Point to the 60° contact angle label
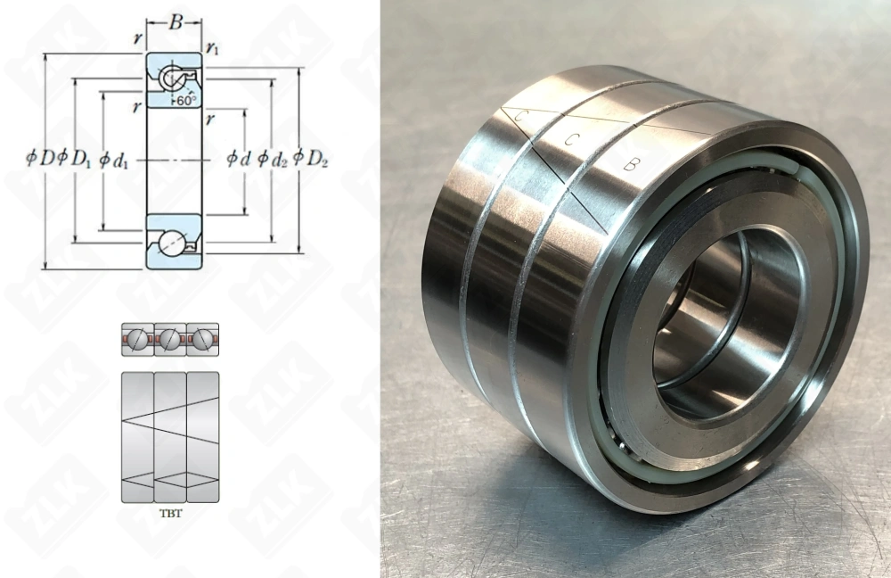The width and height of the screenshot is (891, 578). (185, 101)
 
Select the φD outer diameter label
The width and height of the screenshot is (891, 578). (41, 159)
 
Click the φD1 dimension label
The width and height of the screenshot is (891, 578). (75, 159)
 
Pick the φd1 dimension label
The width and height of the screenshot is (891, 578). (114, 159)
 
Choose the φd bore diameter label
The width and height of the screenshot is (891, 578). (238, 159)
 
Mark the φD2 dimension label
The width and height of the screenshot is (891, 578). (311, 159)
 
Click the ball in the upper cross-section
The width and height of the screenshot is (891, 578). (171, 79)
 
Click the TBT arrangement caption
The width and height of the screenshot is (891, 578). (169, 515)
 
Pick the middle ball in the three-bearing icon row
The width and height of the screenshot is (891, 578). (169, 339)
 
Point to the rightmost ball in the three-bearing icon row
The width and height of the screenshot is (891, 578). (202, 339)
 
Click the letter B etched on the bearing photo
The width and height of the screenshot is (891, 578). (630, 163)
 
